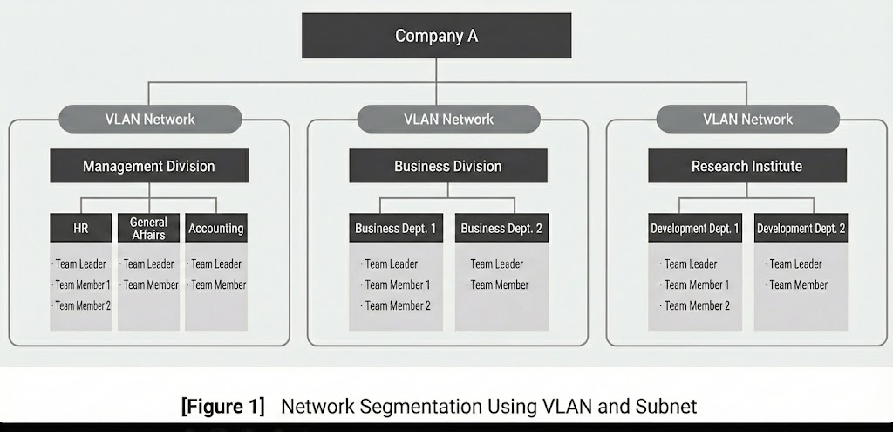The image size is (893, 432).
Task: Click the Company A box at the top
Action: coord(437,36)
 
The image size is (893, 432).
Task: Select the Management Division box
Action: coord(149,166)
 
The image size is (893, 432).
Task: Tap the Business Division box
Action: coord(448,166)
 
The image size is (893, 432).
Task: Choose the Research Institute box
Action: coord(746,166)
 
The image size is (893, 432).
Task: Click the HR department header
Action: coord(81,228)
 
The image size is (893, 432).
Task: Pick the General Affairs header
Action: coord(148,228)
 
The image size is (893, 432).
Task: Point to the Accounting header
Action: coord(216,228)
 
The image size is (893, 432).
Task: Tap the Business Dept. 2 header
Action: coord(501,229)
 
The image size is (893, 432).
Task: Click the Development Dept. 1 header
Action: coord(695,229)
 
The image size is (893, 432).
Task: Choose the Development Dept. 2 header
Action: coord(801,229)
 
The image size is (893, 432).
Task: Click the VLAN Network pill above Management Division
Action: coord(149,119)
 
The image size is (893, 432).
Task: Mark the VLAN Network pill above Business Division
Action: coord(448,119)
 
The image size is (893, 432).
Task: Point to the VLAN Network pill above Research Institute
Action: coord(747,119)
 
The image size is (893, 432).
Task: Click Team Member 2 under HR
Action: coord(83,305)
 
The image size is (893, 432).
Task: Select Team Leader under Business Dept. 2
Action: coord(497,264)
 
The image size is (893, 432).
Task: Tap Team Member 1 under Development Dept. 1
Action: coord(697,285)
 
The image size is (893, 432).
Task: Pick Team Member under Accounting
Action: coord(218,285)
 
